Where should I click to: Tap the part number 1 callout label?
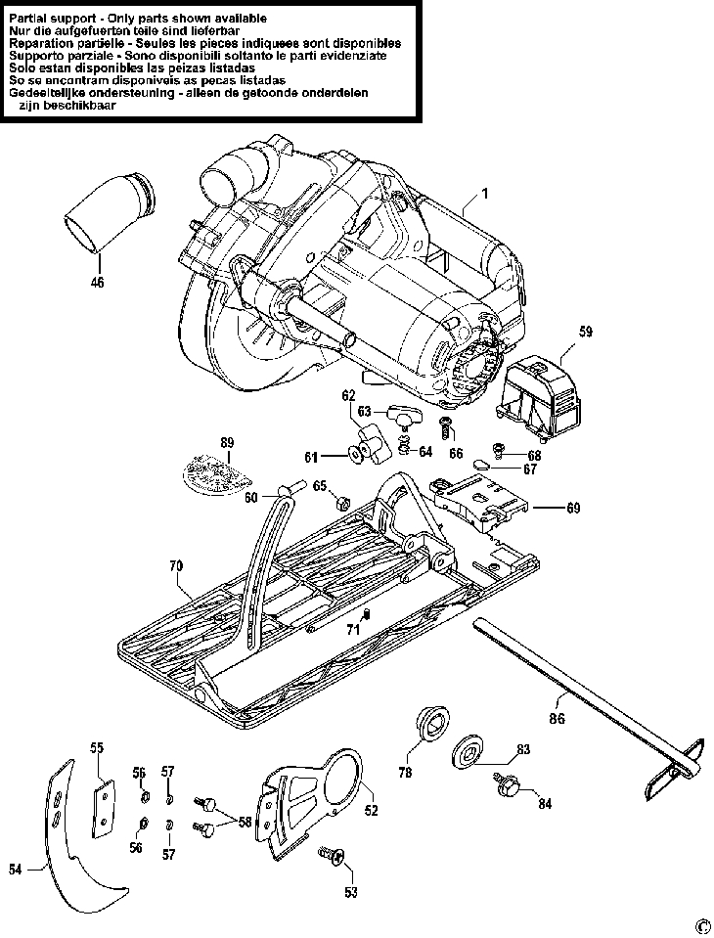pyautogui.click(x=484, y=196)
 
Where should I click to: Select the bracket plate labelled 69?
pyautogui.click(x=479, y=502)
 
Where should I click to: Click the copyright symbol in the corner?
pyautogui.click(x=701, y=925)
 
